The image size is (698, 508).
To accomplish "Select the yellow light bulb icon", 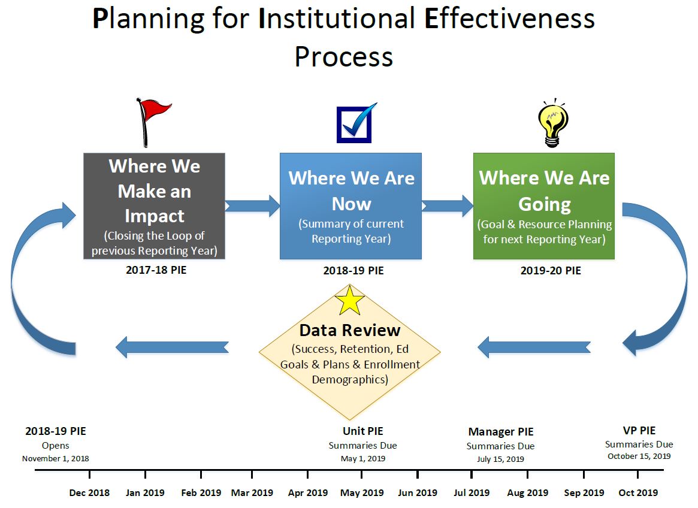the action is tap(552, 123).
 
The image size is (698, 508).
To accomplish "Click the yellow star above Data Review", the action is tap(349, 301).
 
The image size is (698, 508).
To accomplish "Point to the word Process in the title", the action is tap(344, 56).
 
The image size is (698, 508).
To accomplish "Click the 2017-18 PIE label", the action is tap(156, 270).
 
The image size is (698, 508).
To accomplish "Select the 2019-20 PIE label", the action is tap(551, 270).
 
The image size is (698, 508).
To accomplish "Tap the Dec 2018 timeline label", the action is tap(89, 492).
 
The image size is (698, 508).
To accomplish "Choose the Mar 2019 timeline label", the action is tap(252, 492).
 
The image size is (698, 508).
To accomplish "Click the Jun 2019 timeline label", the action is tap(418, 492).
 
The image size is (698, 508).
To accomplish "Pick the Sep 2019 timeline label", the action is tap(584, 492).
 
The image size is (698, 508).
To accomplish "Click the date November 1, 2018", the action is tap(56, 458).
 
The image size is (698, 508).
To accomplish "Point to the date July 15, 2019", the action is tap(500, 459).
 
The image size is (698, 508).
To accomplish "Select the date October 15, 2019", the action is tap(639, 456).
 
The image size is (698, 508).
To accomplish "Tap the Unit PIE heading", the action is tap(363, 431).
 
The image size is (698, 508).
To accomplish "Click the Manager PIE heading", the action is tap(501, 431).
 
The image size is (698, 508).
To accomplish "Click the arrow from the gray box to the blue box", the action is tap(252, 205).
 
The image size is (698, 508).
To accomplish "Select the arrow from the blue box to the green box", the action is tap(448, 205).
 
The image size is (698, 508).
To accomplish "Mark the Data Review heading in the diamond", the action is tap(350, 330).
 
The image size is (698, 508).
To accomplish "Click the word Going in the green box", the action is tap(545, 204).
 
